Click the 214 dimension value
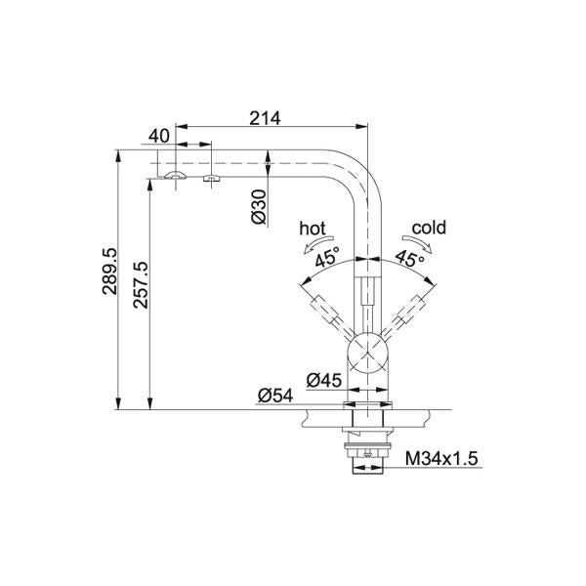coord(265,118)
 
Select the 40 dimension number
coord(159,136)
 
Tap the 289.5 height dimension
coord(109,271)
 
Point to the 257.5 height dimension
coord(141,285)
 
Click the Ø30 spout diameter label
coord(260,207)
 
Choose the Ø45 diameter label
coord(324,381)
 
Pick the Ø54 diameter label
coord(275,396)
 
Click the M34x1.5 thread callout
coord(441,458)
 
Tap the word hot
coord(313,229)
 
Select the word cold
coord(429,228)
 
